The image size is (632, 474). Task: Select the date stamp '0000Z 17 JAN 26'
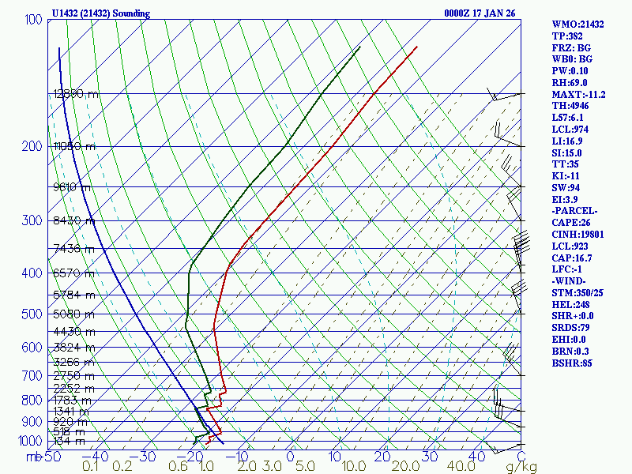click(x=482, y=13)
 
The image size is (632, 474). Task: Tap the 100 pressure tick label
click(x=33, y=19)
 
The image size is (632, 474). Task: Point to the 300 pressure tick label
click(x=33, y=220)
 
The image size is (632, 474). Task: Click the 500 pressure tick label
click(x=33, y=314)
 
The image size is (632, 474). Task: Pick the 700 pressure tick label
click(x=33, y=375)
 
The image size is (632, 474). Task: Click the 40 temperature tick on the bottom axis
click(x=476, y=457)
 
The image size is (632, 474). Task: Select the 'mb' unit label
click(x=33, y=457)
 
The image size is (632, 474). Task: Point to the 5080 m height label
click(x=73, y=314)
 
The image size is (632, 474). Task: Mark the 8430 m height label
click(x=73, y=221)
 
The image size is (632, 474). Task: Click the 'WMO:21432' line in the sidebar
click(x=577, y=24)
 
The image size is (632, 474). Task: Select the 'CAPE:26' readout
click(x=571, y=222)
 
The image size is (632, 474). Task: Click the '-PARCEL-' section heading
click(x=575, y=210)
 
